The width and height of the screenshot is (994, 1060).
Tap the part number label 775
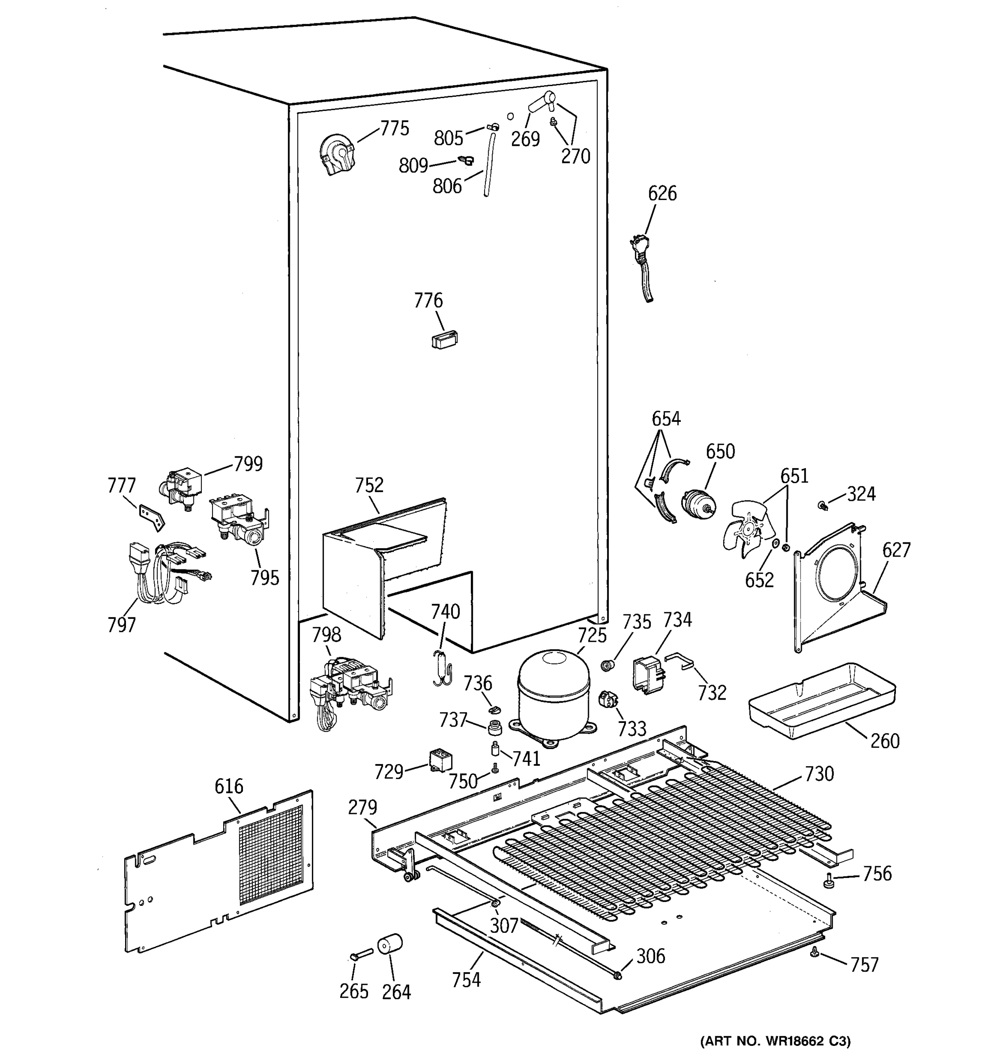click(x=394, y=129)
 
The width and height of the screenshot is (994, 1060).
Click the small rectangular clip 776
click(x=444, y=339)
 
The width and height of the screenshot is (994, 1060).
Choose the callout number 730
click(x=819, y=773)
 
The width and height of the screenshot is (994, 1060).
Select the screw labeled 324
click(x=823, y=504)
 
